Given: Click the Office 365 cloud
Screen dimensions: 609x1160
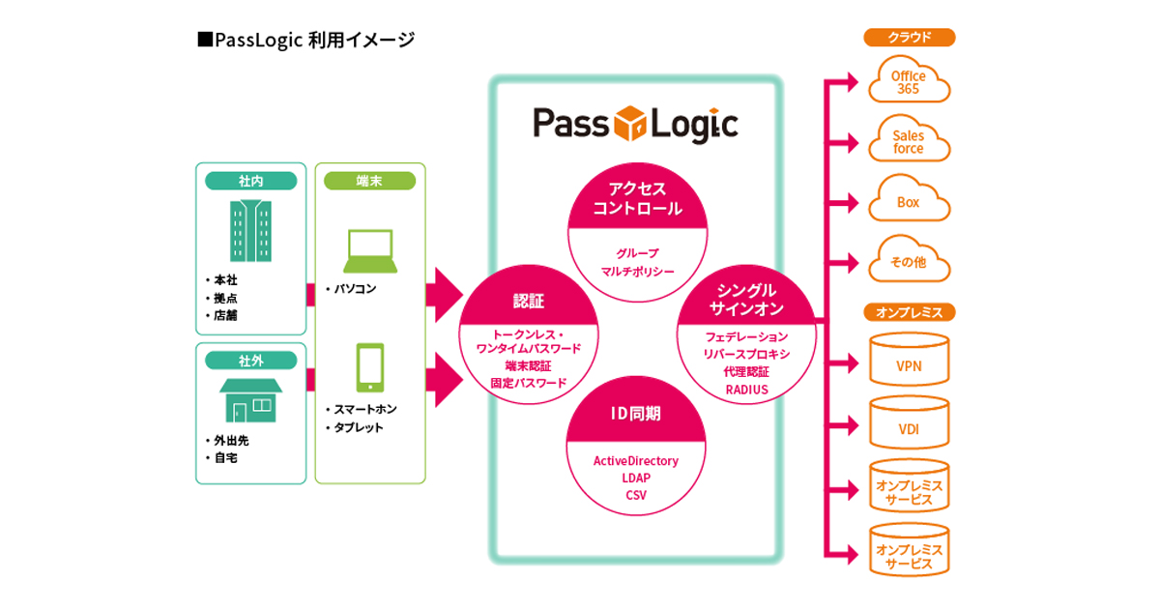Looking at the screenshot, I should click(908, 81).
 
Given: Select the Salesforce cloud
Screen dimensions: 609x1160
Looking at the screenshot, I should click(908, 142).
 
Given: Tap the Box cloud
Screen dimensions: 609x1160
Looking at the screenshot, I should click(908, 202).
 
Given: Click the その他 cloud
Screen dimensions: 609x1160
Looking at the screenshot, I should click(908, 261).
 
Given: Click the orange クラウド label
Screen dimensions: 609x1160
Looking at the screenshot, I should click(909, 38).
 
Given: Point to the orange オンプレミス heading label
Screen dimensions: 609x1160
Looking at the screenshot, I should click(909, 312).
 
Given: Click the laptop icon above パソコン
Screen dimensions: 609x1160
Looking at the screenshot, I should click(369, 251).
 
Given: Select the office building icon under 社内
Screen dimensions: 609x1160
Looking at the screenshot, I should click(250, 230).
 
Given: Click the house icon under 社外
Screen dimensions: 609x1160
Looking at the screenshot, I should click(250, 399).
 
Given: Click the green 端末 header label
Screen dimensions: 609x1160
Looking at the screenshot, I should click(369, 181).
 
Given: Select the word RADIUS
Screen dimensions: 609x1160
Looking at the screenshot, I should click(746, 390).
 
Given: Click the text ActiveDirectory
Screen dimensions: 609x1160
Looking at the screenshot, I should click(635, 460).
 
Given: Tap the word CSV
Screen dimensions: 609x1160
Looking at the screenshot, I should click(635, 495).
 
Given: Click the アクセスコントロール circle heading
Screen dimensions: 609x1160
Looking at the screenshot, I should click(637, 198).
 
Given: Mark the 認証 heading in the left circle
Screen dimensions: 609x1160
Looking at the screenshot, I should click(528, 301).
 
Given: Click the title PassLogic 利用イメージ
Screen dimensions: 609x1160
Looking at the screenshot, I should click(305, 40).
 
